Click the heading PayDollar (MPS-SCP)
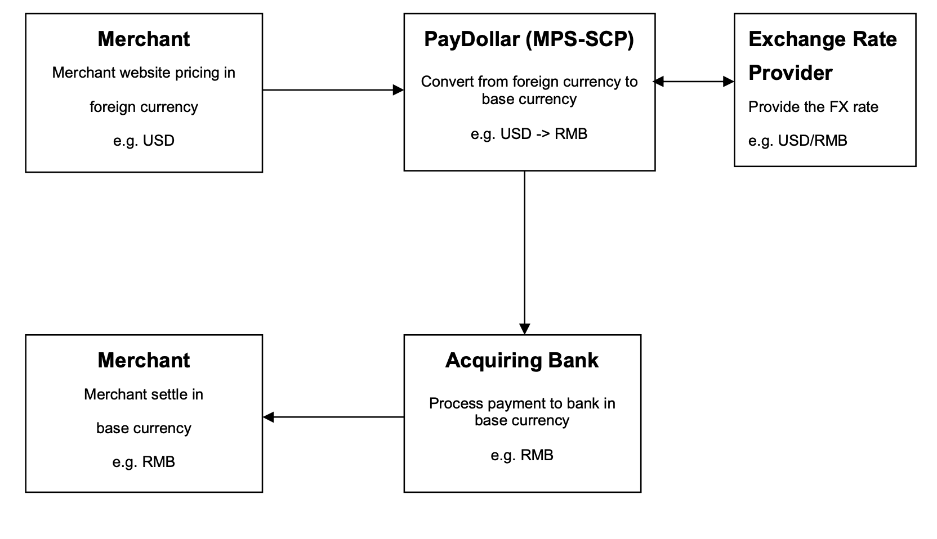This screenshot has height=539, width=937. (x=529, y=39)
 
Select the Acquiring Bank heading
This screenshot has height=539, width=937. (x=521, y=361)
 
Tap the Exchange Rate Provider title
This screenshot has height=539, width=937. (x=822, y=56)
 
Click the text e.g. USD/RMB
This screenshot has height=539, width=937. (x=797, y=141)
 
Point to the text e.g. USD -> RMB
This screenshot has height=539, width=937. (x=529, y=134)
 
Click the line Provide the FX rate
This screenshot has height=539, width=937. (x=813, y=107)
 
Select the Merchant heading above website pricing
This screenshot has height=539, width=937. (x=144, y=39)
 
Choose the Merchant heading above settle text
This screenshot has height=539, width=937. (x=144, y=361)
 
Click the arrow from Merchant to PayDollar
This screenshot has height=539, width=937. (x=332, y=90)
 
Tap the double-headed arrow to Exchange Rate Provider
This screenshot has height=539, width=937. (x=694, y=82)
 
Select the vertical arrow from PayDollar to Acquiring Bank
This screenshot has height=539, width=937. (x=524, y=248)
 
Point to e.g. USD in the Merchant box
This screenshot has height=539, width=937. (x=144, y=141)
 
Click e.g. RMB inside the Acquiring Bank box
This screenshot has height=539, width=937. (x=521, y=455)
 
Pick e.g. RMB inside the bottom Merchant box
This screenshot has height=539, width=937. (x=144, y=462)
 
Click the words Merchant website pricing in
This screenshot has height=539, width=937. (x=144, y=73)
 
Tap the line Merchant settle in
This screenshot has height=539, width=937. (x=144, y=394)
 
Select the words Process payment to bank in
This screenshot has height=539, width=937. (x=521, y=403)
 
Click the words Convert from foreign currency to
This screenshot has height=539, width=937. (x=529, y=82)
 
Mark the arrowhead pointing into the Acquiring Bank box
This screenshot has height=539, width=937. (x=524, y=329)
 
